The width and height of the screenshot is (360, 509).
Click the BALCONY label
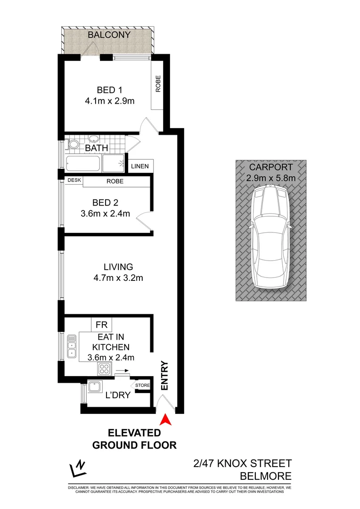(108, 35)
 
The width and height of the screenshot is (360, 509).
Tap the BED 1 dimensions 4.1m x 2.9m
(108, 101)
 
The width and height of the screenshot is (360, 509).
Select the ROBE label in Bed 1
(158, 84)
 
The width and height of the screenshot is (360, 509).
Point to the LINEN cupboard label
(140, 166)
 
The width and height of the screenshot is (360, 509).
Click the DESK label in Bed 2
(74, 181)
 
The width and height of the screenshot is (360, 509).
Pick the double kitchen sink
(72, 346)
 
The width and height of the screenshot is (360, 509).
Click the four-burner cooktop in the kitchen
(104, 369)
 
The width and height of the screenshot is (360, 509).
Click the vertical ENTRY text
(164, 375)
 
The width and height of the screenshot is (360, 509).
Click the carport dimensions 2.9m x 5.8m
(271, 178)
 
